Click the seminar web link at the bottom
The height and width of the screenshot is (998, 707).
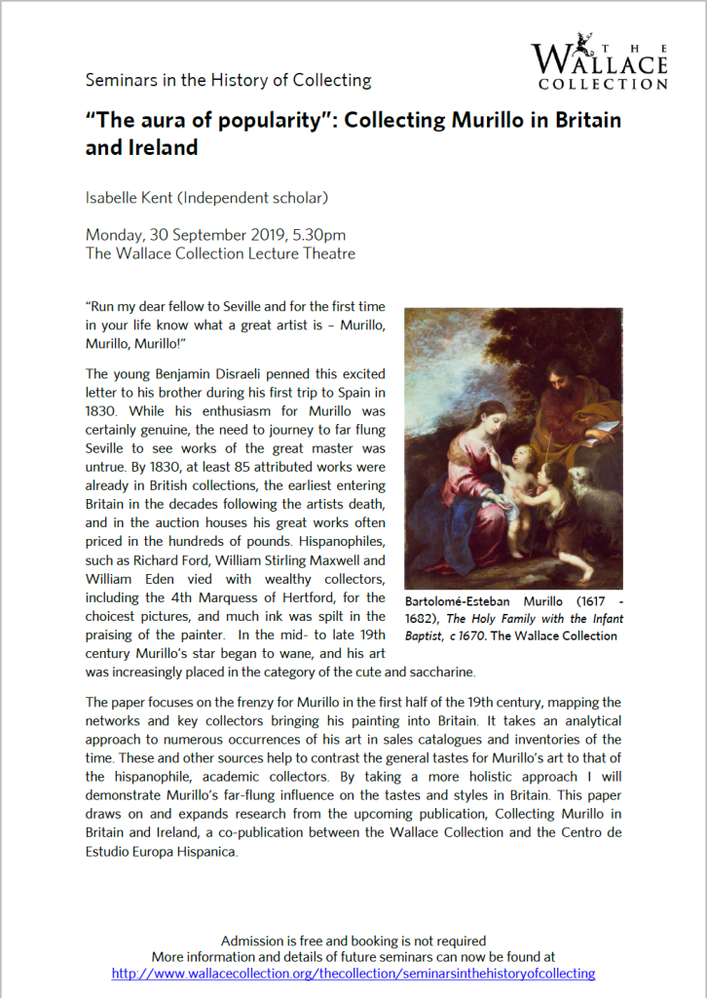tap(353, 973)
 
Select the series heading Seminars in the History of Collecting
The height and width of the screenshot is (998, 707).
tap(229, 80)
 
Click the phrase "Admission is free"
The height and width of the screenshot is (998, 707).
tap(273, 940)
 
